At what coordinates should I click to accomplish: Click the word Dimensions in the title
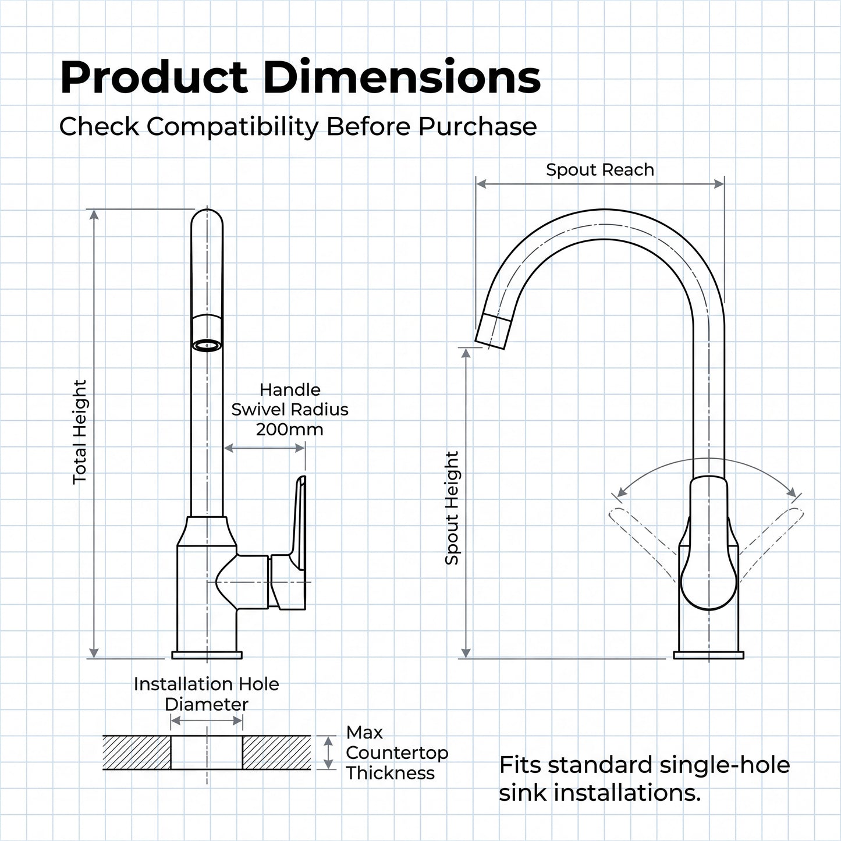click(x=402, y=77)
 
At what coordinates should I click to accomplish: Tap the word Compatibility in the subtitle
click(x=232, y=127)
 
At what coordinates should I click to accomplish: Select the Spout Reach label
click(x=600, y=169)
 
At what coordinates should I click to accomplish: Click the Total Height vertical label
click(x=80, y=432)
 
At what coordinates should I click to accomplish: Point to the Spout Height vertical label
click(x=452, y=508)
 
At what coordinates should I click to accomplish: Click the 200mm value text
click(x=290, y=430)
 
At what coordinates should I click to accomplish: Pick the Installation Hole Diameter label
click(x=207, y=694)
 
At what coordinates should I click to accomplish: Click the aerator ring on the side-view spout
click(x=207, y=346)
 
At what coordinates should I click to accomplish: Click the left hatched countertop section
click(x=137, y=753)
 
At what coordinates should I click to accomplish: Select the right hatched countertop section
click(x=276, y=753)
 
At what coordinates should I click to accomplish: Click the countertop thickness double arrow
click(x=329, y=753)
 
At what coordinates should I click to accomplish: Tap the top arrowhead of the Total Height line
click(x=94, y=214)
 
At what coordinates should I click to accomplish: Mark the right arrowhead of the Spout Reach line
click(x=719, y=184)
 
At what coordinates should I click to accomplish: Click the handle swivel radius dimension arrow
click(x=264, y=448)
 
